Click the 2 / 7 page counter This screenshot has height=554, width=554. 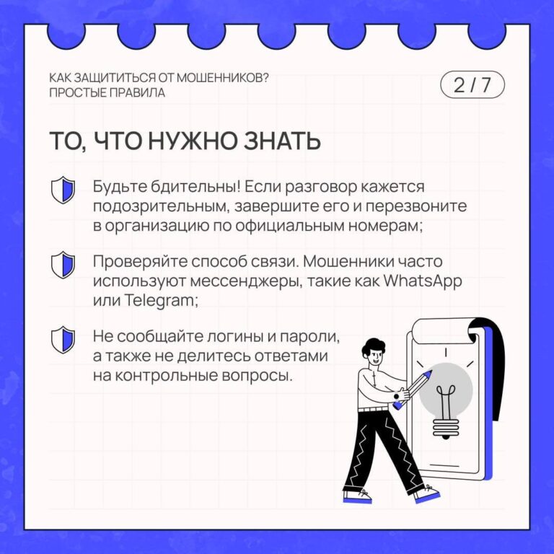(472, 85)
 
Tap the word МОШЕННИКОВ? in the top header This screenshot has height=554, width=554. (222, 78)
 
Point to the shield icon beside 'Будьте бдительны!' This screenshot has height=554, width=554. (63, 190)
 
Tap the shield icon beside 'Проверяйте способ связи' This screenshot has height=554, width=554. (63, 265)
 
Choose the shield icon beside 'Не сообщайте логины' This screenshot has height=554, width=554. (63, 340)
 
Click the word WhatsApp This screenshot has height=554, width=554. (423, 281)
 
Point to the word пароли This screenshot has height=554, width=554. (310, 337)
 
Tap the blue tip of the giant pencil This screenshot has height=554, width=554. (428, 374)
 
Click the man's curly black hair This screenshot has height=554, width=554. (373, 348)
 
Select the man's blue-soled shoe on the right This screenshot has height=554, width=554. (427, 494)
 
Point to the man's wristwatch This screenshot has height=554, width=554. (397, 397)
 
